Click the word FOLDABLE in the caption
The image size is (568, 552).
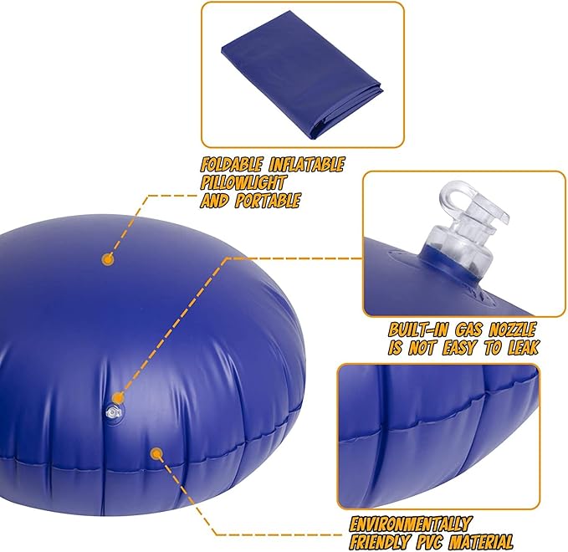tap(231, 165)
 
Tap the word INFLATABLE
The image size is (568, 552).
tap(306, 165)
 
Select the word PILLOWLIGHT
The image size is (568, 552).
tap(243, 182)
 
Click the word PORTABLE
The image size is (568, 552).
tap(268, 200)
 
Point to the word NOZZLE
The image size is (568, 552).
tap(513, 330)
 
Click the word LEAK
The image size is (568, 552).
tap(523, 348)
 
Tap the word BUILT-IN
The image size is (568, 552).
tap(418, 330)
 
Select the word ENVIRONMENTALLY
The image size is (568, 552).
tap(410, 524)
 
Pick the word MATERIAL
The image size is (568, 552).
tap(481, 542)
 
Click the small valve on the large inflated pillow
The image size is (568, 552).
tap(113, 412)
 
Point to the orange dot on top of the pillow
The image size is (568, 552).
tap(108, 259)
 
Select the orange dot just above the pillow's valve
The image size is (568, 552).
tap(117, 398)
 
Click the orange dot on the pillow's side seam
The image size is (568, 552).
tap(156, 452)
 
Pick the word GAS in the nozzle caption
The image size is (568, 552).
tap(468, 330)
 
